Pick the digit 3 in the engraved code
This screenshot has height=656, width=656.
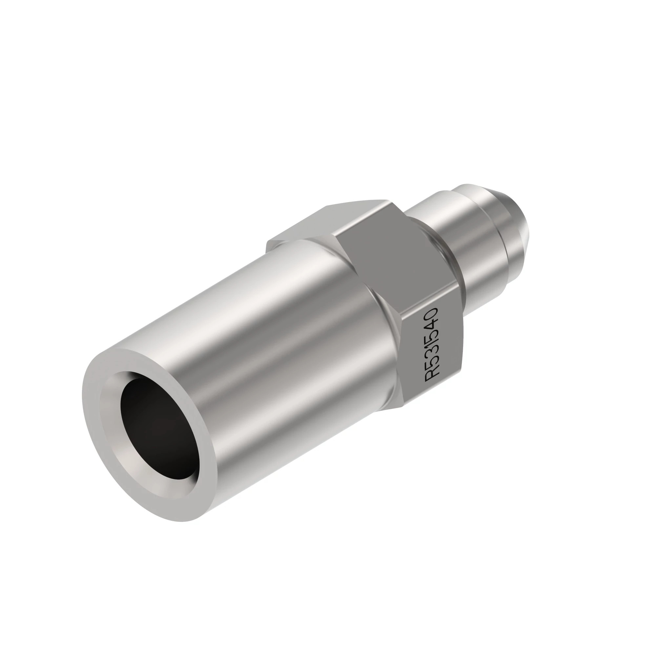tap(433, 357)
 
